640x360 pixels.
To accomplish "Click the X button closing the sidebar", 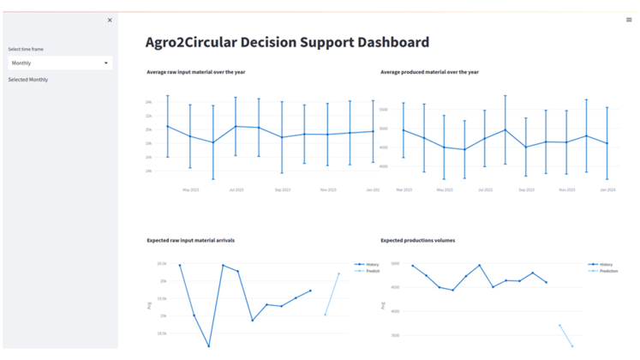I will point(109,20).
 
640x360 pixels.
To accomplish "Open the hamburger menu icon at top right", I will point(630,20).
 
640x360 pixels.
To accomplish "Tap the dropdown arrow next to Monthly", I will point(106,63).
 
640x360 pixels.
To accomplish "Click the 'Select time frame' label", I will point(26,49).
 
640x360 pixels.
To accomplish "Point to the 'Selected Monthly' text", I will point(28,80).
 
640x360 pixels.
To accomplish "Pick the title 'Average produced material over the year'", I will point(429,72).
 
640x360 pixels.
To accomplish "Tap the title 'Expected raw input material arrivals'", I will point(190,241).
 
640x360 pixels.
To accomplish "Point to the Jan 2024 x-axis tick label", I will point(607,189).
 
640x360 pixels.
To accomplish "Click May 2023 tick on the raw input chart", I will point(190,189).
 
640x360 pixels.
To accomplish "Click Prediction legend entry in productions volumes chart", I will point(608,271).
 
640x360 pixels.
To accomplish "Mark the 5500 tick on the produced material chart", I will point(384,111).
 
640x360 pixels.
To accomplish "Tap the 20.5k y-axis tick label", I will point(161,265).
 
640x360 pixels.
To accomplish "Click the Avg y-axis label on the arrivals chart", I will point(150,304).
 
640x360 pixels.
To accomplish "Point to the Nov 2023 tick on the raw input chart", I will point(328,189).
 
